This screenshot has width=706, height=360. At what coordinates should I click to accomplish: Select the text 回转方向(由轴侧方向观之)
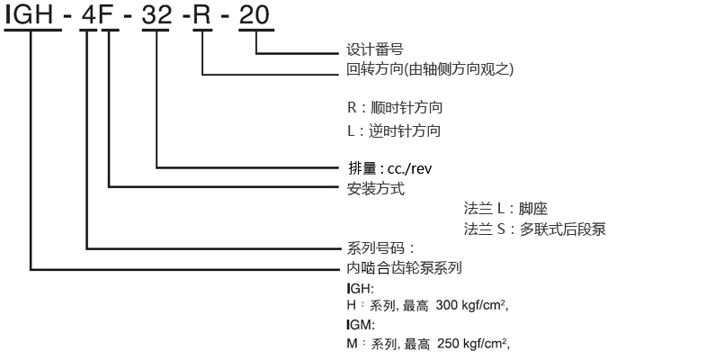pos(430,68)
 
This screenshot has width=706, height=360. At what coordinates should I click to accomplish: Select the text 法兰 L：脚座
pos(507,208)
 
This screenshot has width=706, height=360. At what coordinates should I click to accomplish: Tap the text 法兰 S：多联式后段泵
pos(535,229)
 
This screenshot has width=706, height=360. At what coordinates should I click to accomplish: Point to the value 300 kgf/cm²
pos(472,306)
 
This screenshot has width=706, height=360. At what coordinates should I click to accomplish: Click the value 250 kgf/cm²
pos(473,343)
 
